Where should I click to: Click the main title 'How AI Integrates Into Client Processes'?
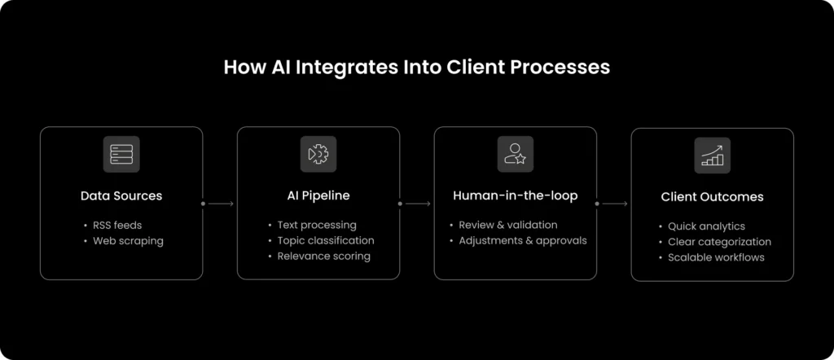(x=416, y=67)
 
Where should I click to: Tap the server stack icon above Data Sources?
(x=121, y=154)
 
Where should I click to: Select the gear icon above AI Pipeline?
(x=318, y=154)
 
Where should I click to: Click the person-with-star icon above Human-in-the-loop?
(x=515, y=154)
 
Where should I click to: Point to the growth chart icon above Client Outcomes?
(x=712, y=155)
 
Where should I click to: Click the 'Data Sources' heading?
(x=121, y=195)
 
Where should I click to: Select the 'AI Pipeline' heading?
(x=318, y=195)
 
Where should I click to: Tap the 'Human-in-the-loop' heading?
(x=515, y=195)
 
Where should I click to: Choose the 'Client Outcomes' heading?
(x=712, y=197)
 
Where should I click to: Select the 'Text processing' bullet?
(x=317, y=225)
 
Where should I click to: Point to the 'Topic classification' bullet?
(x=326, y=240)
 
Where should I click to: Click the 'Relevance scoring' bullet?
(x=323, y=256)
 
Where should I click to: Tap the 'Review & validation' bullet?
(x=508, y=225)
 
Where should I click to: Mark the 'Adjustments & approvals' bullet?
(x=522, y=240)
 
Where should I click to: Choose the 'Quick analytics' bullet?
(x=706, y=226)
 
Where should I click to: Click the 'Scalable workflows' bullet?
(x=716, y=257)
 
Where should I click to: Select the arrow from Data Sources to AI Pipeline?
(x=219, y=204)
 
